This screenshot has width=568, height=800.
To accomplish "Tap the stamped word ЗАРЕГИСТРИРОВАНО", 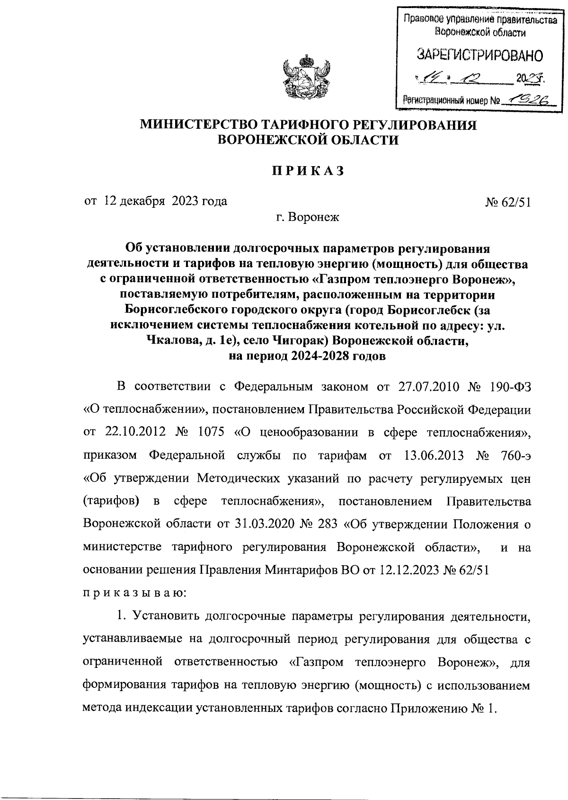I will (479, 55).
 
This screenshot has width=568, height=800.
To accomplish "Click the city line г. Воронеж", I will (308, 218).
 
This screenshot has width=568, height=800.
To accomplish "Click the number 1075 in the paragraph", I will (208, 432).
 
